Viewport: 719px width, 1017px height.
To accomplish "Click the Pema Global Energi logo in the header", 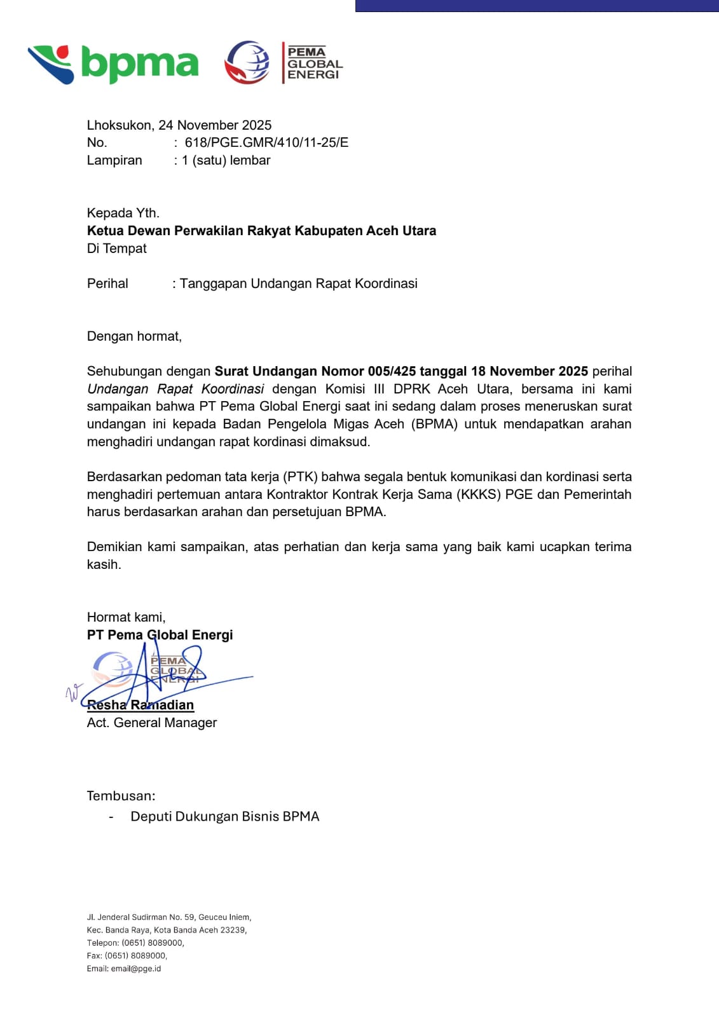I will [284, 62].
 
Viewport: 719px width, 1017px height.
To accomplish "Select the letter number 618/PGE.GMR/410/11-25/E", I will [266, 142].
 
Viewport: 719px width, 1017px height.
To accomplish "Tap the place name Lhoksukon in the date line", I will [119, 125].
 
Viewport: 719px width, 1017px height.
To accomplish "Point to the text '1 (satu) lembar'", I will [226, 160].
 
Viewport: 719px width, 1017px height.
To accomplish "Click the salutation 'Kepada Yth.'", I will [123, 213].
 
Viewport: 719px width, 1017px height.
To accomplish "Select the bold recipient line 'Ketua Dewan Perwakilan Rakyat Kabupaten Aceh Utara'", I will [261, 231].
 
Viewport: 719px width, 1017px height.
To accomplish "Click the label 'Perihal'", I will [107, 283].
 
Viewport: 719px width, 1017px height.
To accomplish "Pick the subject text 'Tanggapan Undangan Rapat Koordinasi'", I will [298, 283].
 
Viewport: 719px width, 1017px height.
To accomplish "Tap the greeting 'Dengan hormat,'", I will [134, 336].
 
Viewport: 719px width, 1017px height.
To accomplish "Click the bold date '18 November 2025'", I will [529, 371].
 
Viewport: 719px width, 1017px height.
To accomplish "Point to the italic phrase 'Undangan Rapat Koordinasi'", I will [175, 389].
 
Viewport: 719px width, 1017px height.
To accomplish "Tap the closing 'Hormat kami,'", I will [126, 617].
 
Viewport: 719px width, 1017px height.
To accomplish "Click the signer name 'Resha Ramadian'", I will [140, 705].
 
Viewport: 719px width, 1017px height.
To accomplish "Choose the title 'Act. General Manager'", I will [152, 723].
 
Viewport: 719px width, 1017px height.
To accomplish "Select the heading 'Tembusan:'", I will [121, 796].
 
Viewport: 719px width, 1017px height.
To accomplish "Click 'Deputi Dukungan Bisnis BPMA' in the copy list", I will [224, 817].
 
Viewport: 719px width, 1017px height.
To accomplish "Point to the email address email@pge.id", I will [136, 969].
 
